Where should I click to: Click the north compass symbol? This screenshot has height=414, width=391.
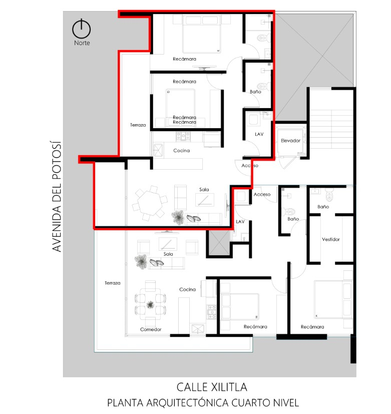81,29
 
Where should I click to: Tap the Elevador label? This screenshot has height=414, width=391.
290,141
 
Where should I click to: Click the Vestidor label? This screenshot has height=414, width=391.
330,239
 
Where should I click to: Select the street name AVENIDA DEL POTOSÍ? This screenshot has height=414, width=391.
57,196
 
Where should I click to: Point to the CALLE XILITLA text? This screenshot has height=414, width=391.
212,387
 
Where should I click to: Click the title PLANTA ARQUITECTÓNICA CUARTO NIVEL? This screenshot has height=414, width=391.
203,403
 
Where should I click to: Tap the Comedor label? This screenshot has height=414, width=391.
151,329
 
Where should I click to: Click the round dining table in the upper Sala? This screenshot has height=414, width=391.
149,203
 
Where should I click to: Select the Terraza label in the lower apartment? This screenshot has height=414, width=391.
113,283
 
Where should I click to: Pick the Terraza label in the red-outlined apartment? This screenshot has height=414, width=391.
138,125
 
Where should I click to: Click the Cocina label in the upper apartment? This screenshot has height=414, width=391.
181,151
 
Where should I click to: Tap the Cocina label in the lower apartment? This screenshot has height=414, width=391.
187,289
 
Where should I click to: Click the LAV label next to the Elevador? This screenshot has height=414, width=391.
259,134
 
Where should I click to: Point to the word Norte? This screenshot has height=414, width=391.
82,43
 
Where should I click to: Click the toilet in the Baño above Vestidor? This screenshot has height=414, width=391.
329,195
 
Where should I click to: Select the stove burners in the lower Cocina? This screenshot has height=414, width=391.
212,312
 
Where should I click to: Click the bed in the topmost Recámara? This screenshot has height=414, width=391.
202,34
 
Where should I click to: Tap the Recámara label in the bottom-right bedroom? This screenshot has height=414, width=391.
312,326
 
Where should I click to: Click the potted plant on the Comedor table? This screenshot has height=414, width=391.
150,305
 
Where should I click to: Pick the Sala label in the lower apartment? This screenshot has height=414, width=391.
168,254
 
